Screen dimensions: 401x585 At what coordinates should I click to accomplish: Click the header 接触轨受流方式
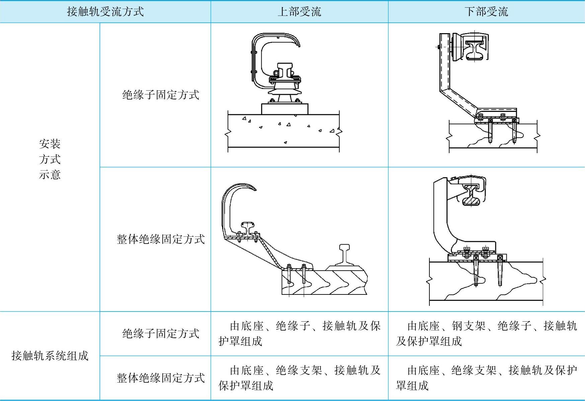(105, 12)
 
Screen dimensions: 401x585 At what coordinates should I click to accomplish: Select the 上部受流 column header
(299, 12)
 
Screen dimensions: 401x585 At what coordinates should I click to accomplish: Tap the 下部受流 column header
(486, 12)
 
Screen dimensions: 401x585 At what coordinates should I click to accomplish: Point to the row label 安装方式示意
(50, 159)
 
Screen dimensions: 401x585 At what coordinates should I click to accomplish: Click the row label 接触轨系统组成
(50, 355)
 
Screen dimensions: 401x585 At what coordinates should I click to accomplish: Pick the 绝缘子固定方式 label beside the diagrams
(161, 95)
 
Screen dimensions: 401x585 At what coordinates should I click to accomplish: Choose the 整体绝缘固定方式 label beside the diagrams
(161, 239)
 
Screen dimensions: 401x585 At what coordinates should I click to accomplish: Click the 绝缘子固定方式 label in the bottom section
(161, 333)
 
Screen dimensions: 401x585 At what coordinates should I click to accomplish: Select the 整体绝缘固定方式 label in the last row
(161, 378)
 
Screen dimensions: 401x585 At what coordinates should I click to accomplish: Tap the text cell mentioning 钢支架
(486, 333)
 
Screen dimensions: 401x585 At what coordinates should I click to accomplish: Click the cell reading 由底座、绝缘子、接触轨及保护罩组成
(299, 333)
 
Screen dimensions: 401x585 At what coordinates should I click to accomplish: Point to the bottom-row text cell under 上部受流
(299, 378)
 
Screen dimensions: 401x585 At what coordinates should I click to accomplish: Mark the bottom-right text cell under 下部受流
(486, 378)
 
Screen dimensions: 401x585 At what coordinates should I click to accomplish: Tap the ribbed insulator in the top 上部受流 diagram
(284, 90)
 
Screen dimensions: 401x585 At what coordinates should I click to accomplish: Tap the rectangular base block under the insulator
(284, 109)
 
